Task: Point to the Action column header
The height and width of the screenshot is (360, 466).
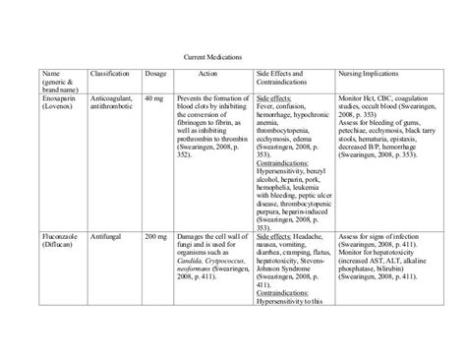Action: [207, 74]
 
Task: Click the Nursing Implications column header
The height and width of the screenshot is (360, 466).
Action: [368, 74]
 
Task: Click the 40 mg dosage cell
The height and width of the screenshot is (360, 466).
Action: [153, 99]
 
